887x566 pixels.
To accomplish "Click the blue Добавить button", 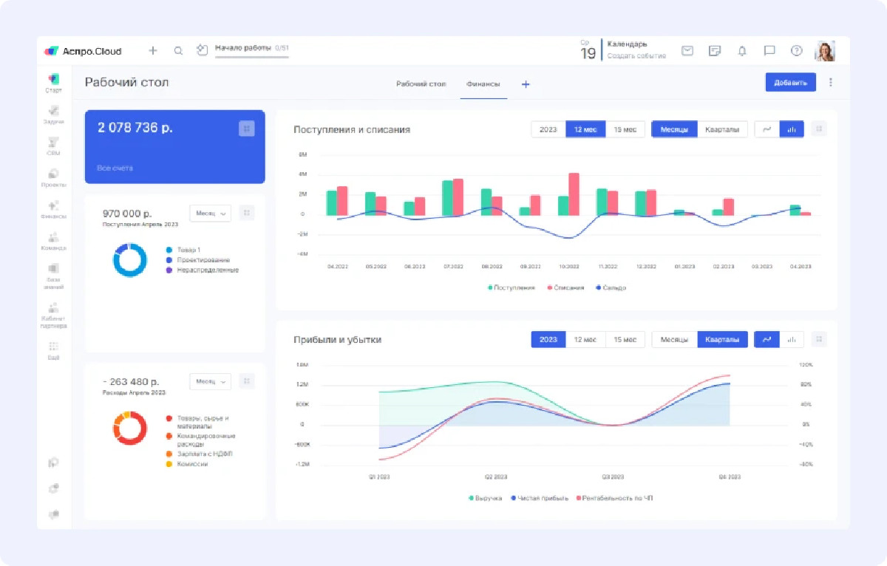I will (x=790, y=82).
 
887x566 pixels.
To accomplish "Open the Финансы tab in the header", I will (x=483, y=84).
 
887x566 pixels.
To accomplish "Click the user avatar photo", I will (x=824, y=51).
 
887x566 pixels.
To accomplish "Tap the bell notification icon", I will (x=742, y=51).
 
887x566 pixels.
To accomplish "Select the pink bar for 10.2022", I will (x=574, y=194).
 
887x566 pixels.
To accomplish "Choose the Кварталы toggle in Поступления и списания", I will (x=721, y=129).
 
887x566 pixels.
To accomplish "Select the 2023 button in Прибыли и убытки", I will (x=548, y=339).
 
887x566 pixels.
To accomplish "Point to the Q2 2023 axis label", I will (x=495, y=477).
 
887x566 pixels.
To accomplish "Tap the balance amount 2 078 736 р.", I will (x=135, y=128).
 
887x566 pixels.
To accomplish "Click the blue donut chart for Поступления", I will (x=131, y=260).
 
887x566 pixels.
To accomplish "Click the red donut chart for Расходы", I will (x=130, y=429).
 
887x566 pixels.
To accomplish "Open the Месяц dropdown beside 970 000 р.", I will (x=210, y=213).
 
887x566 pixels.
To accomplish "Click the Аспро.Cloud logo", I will (x=83, y=51).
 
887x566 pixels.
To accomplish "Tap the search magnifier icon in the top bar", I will (x=178, y=51).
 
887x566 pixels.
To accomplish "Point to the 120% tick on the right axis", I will (x=806, y=365).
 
